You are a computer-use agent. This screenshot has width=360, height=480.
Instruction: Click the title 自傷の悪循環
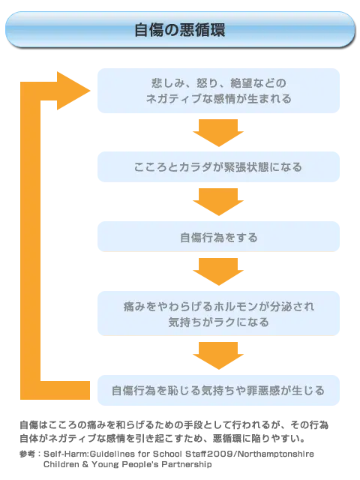click(x=179, y=30)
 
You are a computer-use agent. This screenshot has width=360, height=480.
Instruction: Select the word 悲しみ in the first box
click(x=167, y=82)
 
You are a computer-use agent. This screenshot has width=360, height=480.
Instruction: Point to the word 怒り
click(x=207, y=82)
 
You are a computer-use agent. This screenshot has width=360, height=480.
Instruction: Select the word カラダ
click(x=193, y=167)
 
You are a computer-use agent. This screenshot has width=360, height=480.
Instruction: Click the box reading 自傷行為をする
click(x=218, y=238)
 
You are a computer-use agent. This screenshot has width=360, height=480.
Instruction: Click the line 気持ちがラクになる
click(x=218, y=322)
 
